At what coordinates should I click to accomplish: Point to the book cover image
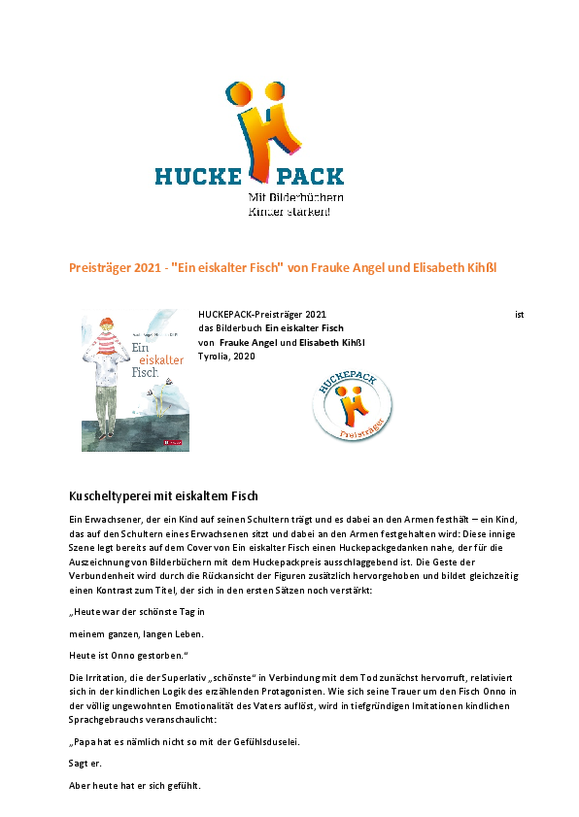point(135,380)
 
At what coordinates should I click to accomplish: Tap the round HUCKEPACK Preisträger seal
point(353,406)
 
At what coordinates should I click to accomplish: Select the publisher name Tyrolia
point(213,357)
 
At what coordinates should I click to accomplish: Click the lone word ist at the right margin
point(520,315)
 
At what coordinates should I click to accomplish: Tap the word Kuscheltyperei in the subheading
point(112,497)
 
